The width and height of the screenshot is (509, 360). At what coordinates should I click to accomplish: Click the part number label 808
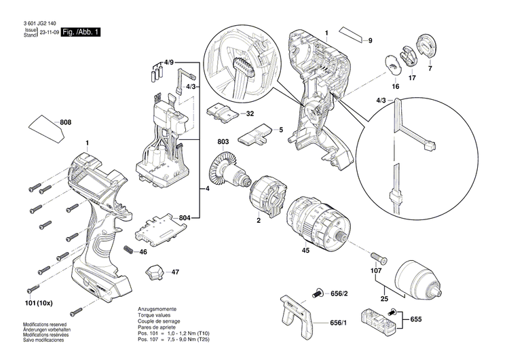(66, 122)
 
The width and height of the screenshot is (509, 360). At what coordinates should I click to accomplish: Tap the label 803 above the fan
(223, 142)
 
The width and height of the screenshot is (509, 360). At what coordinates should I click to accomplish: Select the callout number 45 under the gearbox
(305, 251)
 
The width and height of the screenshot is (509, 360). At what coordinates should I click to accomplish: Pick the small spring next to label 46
(127, 251)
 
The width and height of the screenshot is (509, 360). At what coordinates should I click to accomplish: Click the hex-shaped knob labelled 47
(154, 272)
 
